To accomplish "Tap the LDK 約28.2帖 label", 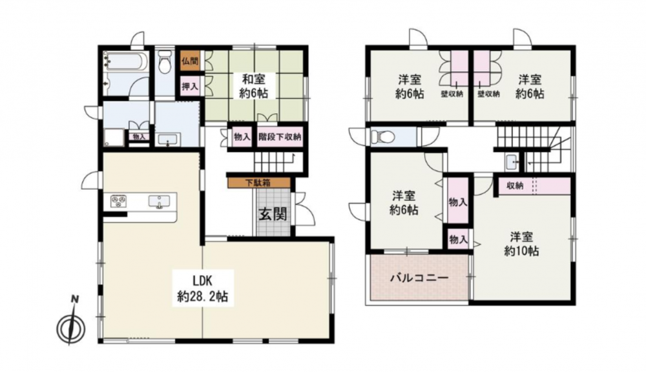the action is click(x=202, y=289).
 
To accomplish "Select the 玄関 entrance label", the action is click(x=273, y=214).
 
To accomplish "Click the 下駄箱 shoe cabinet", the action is click(x=259, y=183).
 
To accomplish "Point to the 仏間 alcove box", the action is click(x=189, y=62).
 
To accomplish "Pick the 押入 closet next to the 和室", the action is click(x=189, y=87).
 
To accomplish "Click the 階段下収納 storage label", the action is click(x=280, y=137).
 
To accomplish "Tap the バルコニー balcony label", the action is click(x=419, y=278).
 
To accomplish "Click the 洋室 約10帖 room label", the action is click(x=521, y=244).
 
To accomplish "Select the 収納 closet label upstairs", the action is click(x=515, y=186).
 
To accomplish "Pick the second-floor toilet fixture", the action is click(x=380, y=137).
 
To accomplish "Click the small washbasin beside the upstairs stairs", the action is click(x=512, y=162).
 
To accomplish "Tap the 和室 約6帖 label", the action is click(x=253, y=86).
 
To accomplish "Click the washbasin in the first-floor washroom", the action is click(x=168, y=139).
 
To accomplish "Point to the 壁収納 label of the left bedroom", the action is click(x=452, y=94).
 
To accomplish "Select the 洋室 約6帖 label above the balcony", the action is click(x=404, y=202).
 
